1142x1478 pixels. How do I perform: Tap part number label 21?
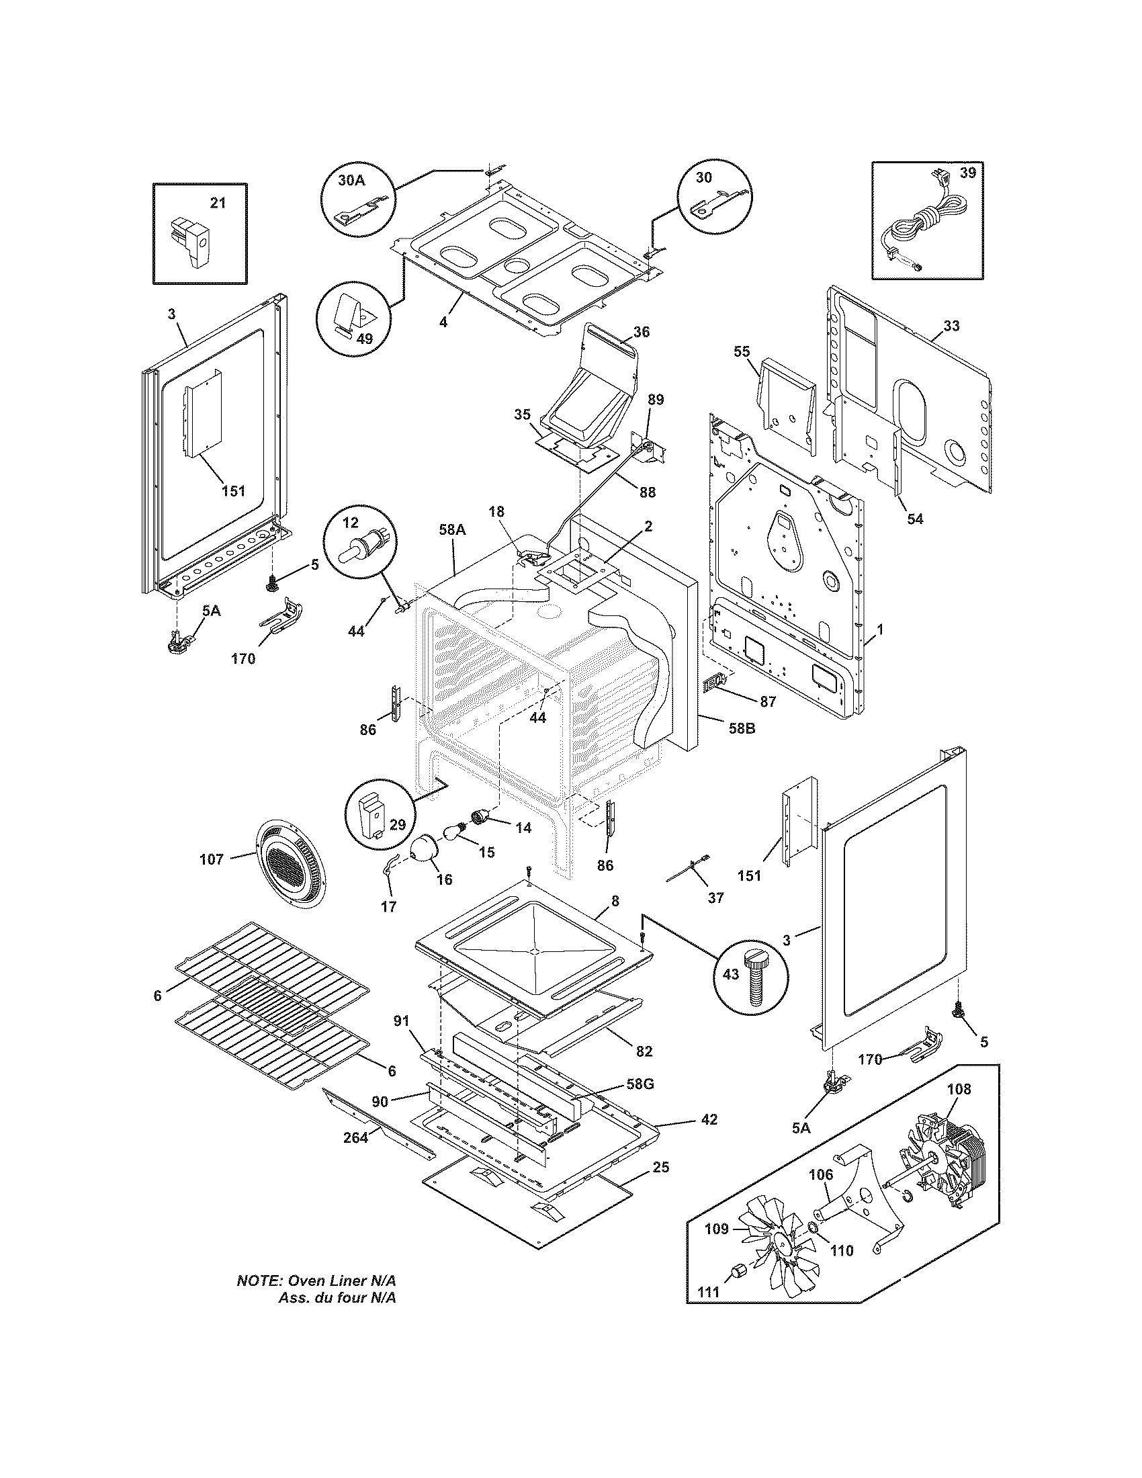coord(217,202)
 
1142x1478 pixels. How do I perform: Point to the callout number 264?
coord(355,1137)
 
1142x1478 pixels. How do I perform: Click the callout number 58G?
coord(640,1084)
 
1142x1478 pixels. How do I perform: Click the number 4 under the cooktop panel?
coord(443,322)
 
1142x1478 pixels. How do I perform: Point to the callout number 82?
coord(644,1051)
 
